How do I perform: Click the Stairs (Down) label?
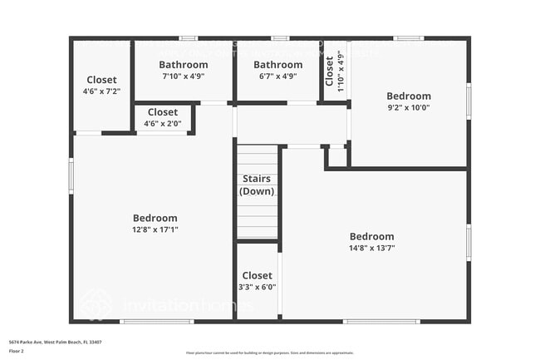[257, 185]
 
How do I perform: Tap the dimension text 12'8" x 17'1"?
[155, 229]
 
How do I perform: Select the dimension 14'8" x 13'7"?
[371, 248]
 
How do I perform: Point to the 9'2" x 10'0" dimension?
[408, 107]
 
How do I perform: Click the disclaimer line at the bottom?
[269, 353]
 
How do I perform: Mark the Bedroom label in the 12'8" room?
[155, 218]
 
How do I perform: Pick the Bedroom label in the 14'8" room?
[371, 236]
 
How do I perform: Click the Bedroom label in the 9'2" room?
[408, 96]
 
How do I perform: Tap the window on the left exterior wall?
[71, 175]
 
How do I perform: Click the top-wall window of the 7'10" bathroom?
[189, 38]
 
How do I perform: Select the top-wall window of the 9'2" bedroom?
[408, 38]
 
